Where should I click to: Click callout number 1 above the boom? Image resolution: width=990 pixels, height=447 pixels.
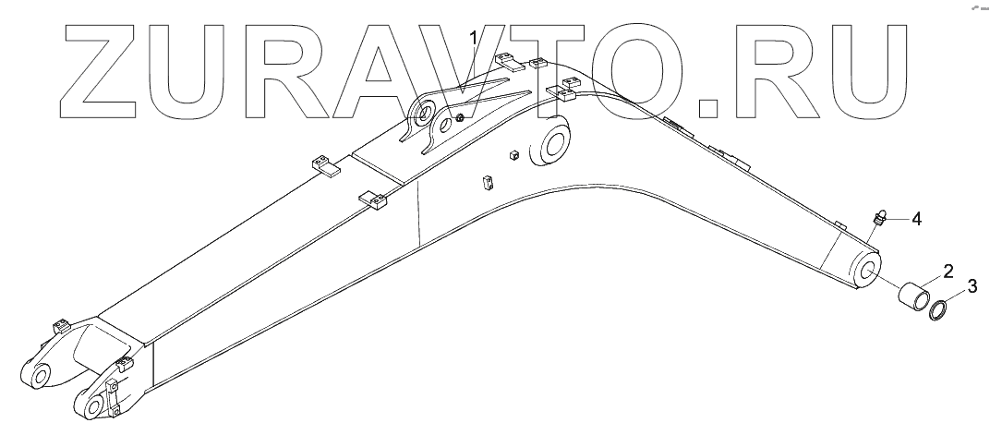click(474, 39)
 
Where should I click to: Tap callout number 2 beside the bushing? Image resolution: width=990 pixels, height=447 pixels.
click(948, 270)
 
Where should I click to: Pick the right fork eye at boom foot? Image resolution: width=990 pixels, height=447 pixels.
click(91, 407)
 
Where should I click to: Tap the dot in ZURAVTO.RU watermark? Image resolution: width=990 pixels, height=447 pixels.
click(707, 105)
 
